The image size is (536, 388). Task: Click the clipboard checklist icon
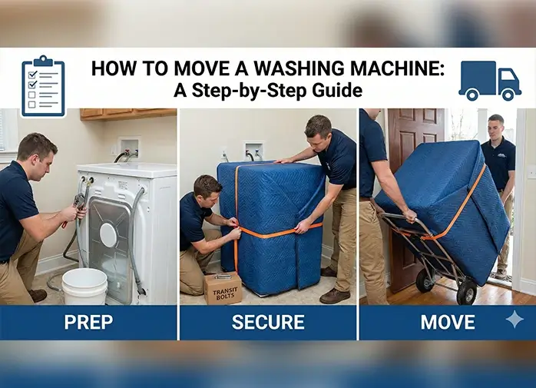[43, 85]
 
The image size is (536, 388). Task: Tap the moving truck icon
[489, 81]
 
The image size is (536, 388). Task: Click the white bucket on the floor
[84, 287]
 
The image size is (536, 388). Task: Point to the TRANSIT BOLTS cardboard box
[223, 288]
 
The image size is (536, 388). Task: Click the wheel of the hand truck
[466, 290]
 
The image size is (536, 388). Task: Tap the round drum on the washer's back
[108, 235]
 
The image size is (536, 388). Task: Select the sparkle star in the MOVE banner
[514, 319]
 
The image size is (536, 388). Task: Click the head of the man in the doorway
[496, 127]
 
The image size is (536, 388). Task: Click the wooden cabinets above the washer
[127, 114]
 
